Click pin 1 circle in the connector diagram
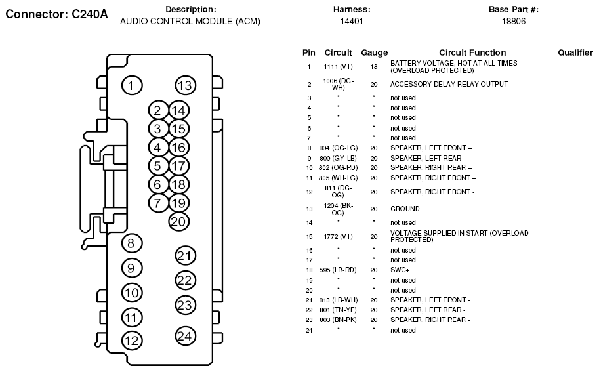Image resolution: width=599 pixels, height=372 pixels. (x=131, y=85)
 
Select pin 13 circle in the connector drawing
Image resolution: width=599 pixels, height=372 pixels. (x=186, y=85)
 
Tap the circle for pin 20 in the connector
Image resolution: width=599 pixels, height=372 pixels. (x=178, y=221)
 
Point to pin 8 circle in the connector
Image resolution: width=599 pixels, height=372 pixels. (x=131, y=244)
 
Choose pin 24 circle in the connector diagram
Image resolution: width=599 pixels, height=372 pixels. (x=186, y=337)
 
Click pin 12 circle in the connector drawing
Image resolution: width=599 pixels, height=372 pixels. (x=131, y=341)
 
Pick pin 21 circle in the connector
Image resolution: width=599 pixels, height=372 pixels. (x=186, y=256)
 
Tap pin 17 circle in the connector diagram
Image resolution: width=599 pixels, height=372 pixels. (x=178, y=166)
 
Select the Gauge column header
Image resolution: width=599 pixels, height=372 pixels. (x=374, y=52)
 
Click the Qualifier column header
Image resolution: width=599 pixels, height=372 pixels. (x=575, y=52)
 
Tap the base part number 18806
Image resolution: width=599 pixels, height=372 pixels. (x=513, y=22)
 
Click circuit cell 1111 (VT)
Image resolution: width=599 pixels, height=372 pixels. (x=338, y=67)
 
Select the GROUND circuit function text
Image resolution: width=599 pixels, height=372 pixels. (x=405, y=209)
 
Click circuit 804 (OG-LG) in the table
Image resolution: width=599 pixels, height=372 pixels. (x=338, y=148)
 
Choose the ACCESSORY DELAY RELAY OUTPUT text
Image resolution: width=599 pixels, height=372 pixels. (x=449, y=85)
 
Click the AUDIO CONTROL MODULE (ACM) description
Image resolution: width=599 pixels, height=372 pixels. (x=190, y=22)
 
